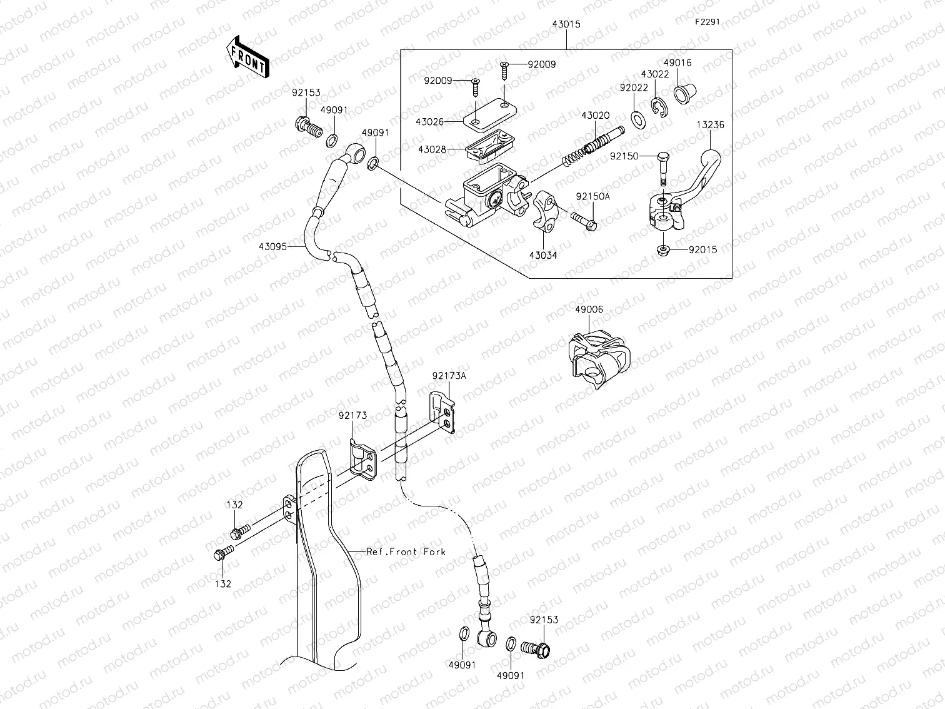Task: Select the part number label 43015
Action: click(566, 24)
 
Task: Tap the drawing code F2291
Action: click(707, 21)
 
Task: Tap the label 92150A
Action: click(592, 196)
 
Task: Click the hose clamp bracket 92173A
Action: click(444, 413)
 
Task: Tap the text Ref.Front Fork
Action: click(406, 551)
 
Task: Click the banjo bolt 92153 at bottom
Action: click(538, 648)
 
